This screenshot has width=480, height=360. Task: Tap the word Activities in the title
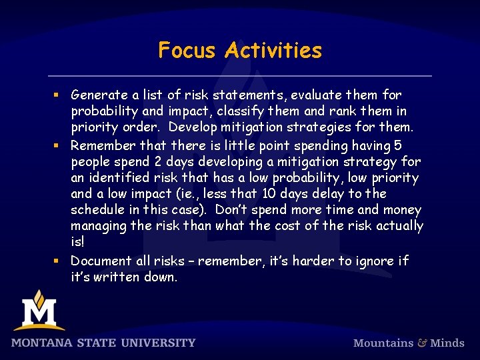coord(273,50)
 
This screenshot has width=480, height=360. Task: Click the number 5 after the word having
coord(398,145)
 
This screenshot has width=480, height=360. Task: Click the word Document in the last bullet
coord(101,260)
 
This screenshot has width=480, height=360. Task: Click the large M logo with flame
coord(39,311)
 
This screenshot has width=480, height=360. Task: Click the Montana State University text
coord(103,343)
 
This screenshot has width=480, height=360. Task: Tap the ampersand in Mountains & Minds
coord(422,343)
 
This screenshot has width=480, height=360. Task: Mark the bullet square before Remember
coord(59,145)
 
